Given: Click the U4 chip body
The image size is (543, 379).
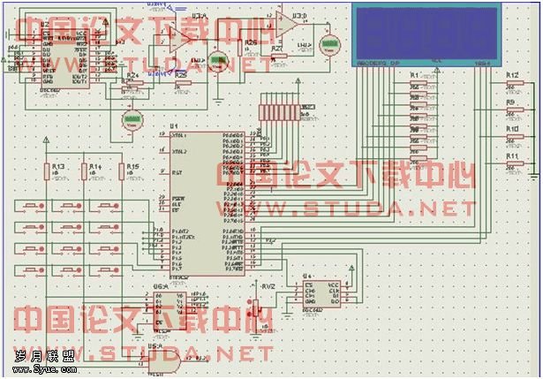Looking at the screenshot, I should coord(321,292).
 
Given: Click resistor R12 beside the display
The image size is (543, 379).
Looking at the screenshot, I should coord(510,86).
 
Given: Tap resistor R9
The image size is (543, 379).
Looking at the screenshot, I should coord(510,112).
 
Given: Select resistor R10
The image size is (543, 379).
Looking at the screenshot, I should coord(510,137).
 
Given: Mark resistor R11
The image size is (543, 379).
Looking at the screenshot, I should coord(510,163).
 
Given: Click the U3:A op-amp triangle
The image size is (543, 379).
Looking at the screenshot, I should coord(179,35).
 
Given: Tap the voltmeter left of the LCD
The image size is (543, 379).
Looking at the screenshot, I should coord(333,42).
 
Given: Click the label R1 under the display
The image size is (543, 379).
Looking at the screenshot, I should coord(414,76).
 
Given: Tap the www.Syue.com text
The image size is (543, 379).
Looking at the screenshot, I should coord(34,368).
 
